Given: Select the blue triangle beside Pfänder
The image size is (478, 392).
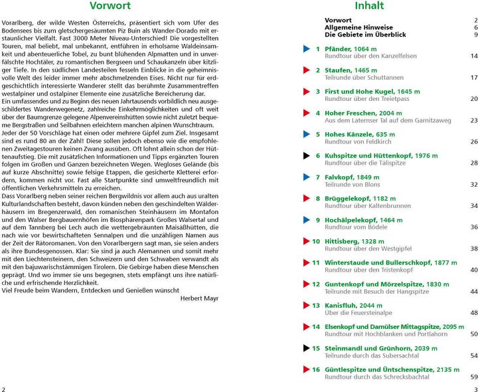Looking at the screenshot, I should tap(306, 49).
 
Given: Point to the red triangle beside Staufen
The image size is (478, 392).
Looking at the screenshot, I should tap(306, 70).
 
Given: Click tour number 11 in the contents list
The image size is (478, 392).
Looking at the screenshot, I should tap(316, 262).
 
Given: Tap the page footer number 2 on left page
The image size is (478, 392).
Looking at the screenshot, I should tap(4, 388).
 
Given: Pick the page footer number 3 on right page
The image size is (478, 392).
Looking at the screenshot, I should tap(475, 388).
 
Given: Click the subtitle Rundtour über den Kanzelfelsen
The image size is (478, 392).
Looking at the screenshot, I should tap(369, 56).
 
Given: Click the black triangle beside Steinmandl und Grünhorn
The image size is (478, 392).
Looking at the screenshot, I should tap(306, 347).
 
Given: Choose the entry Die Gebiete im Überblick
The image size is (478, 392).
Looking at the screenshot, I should tap(364, 35).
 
